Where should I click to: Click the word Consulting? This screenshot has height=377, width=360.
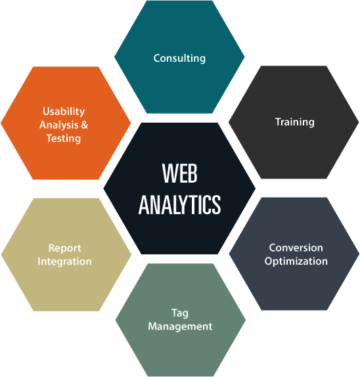(179, 58)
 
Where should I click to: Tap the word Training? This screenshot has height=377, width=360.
(294, 122)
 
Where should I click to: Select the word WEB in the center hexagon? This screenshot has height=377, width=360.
(179, 173)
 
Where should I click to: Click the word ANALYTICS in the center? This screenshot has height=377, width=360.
(179, 205)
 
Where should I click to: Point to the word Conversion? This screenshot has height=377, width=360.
(296, 248)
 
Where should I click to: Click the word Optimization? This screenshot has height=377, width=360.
(296, 261)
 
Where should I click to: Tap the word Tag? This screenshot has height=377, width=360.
(180, 313)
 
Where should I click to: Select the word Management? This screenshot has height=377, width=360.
(180, 326)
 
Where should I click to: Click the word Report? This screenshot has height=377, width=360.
(64, 248)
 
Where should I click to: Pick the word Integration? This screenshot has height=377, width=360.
(64, 261)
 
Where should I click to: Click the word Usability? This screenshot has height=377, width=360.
(64, 112)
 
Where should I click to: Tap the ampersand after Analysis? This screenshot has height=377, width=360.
(84, 125)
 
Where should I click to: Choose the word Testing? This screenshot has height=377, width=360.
(64, 139)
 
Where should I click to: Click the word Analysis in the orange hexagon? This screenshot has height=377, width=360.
(59, 125)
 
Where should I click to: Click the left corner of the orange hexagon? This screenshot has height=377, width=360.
(1, 123)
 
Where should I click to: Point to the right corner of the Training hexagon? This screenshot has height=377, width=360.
(359, 122)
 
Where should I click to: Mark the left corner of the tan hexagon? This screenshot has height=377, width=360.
(1, 255)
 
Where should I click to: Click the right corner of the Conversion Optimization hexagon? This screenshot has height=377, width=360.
(359, 254)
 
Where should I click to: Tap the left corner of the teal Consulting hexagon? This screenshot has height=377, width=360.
(114, 57)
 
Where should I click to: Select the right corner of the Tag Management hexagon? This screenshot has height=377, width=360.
(246, 320)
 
